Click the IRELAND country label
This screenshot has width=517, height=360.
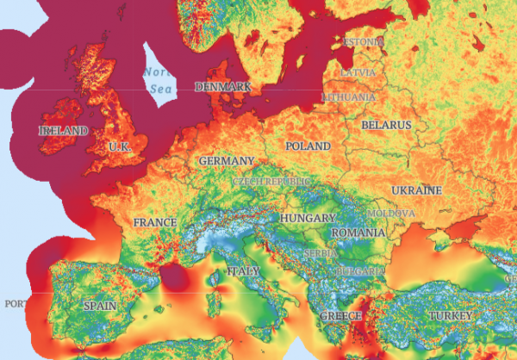point(64,130)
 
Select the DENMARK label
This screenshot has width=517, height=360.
point(222,87)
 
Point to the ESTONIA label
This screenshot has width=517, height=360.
point(364,41)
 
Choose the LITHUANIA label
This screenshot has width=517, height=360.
point(348,97)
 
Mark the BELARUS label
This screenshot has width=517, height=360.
point(386,125)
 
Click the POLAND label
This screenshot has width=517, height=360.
point(308,146)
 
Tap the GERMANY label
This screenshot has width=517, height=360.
point(226,161)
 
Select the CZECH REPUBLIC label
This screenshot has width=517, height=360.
point(269,183)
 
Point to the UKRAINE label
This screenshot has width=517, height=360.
point(416,189)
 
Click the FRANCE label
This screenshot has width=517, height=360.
point(155,222)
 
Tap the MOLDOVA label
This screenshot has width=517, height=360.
point(391,213)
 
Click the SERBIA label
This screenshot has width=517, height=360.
point(320,253)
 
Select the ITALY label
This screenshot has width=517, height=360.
point(242,271)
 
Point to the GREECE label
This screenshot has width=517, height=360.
point(340,317)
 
